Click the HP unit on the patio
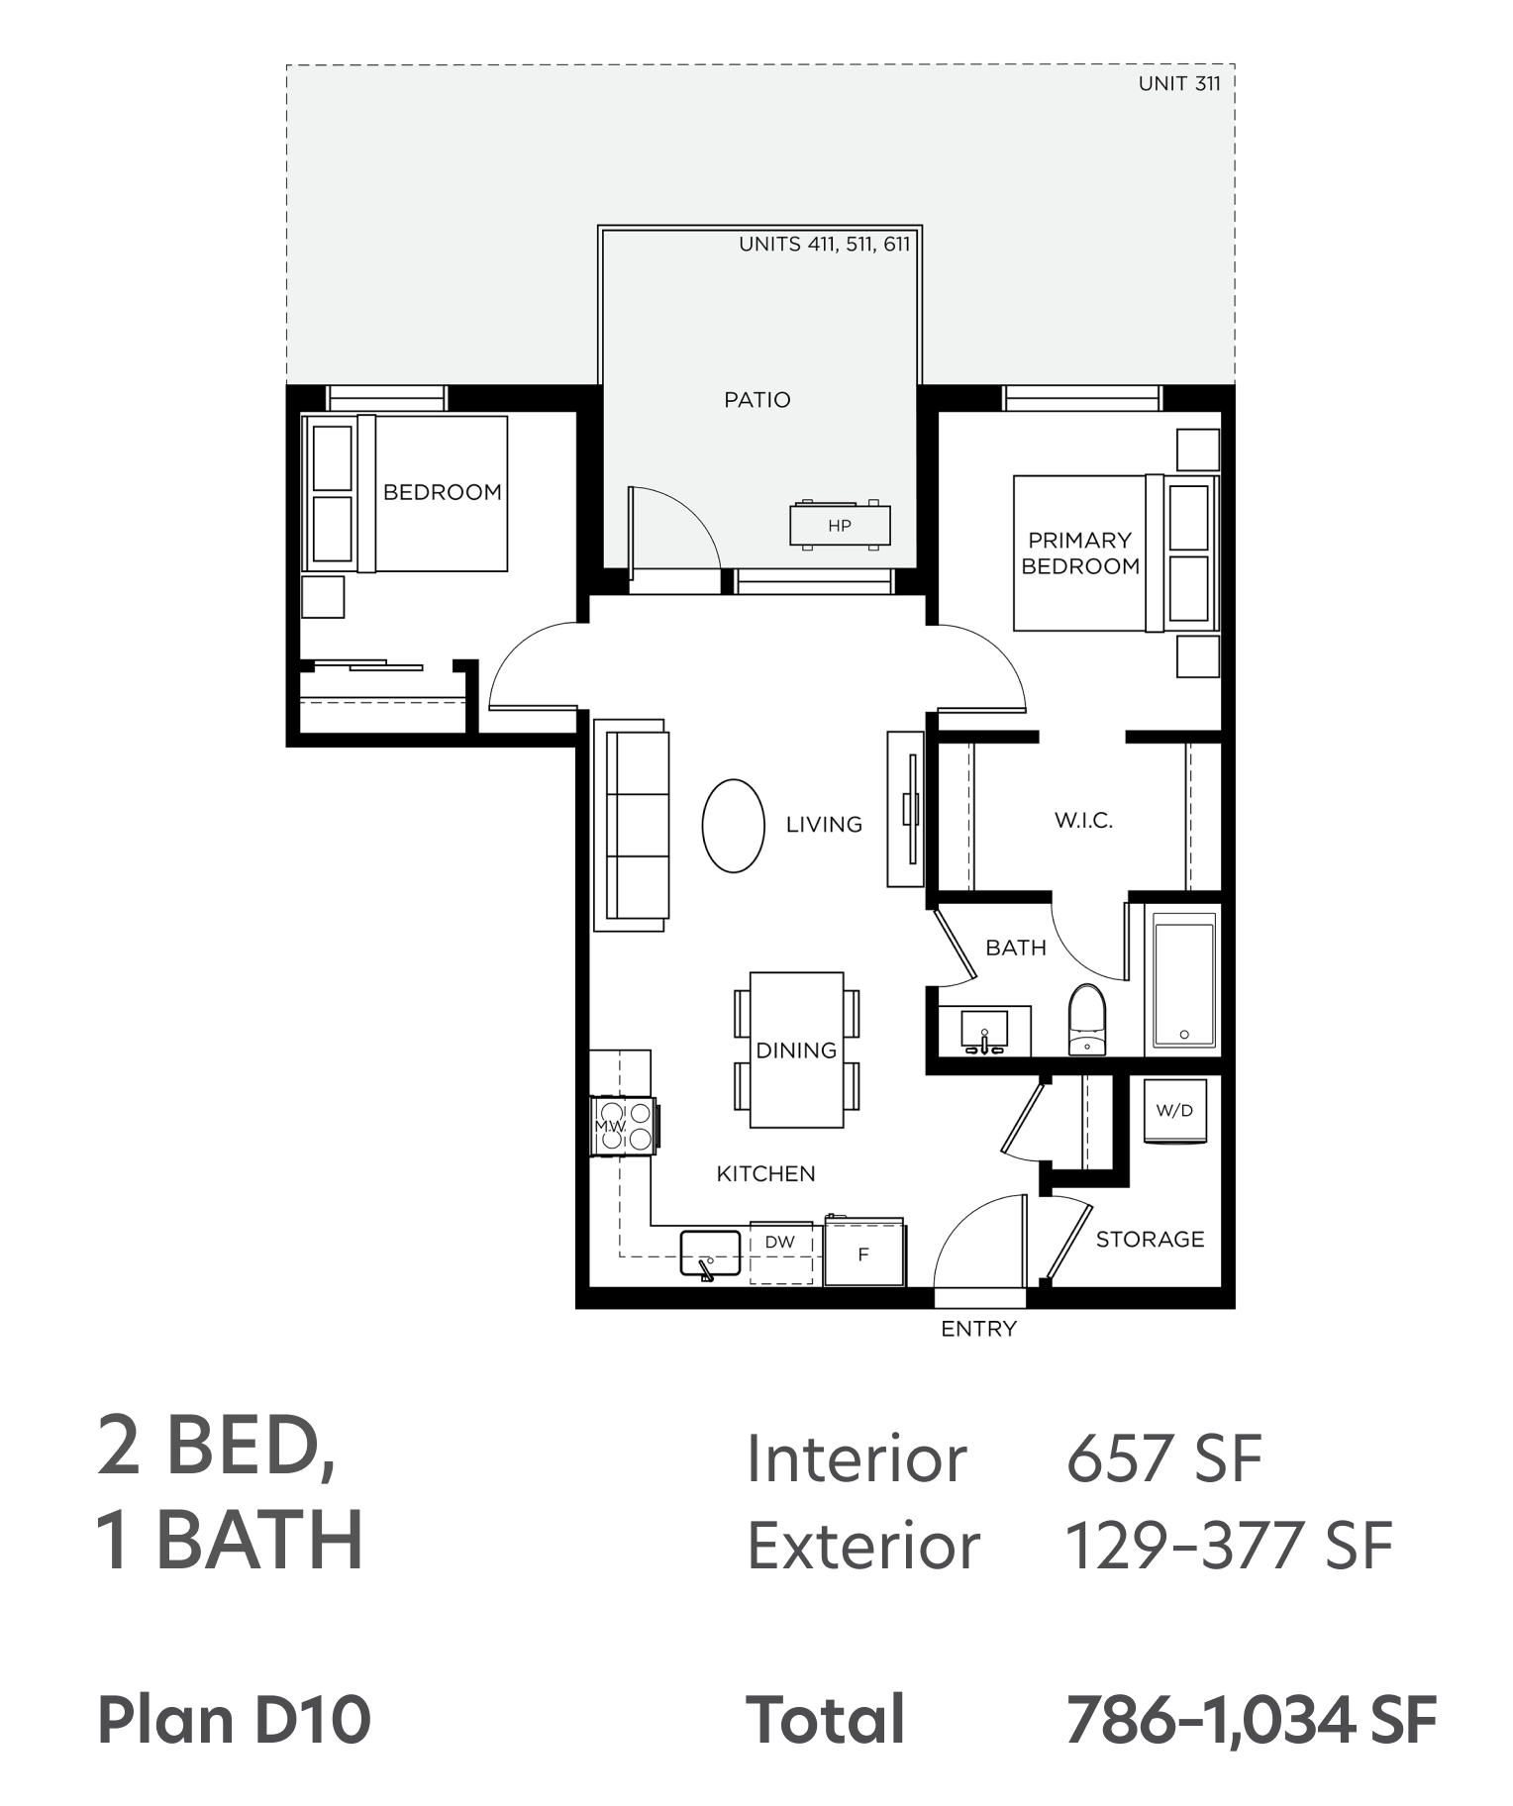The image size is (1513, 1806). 840,525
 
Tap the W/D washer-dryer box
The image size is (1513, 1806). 1175,1111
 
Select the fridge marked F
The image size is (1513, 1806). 863,1252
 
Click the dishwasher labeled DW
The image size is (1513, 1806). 780,1253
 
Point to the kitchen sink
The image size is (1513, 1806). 710,1254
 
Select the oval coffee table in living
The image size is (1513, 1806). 734,826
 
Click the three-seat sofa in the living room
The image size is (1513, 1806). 631,825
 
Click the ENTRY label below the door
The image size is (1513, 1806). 978,1329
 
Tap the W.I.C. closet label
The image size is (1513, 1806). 1083,820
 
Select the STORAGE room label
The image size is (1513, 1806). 1150,1239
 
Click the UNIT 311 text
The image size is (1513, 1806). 1179,83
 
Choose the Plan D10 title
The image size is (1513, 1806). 234,1720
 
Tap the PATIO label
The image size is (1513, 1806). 757,400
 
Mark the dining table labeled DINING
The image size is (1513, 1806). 796,1051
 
